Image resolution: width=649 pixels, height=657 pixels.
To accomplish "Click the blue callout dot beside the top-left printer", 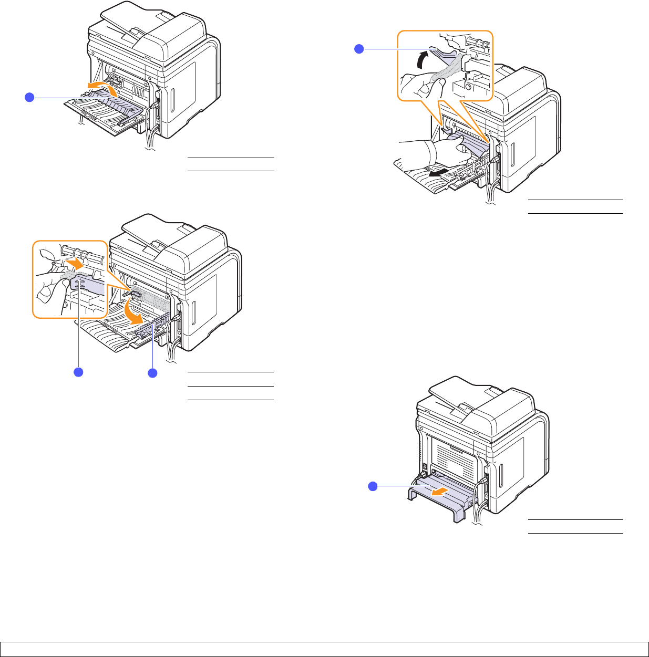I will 29,97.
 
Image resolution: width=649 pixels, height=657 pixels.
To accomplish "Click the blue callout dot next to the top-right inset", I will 359,49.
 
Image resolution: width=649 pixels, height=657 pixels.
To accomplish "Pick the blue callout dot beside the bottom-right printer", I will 372,486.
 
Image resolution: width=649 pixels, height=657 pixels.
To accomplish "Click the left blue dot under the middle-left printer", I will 78,372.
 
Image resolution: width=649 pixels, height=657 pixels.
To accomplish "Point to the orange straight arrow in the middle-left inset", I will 74,262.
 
